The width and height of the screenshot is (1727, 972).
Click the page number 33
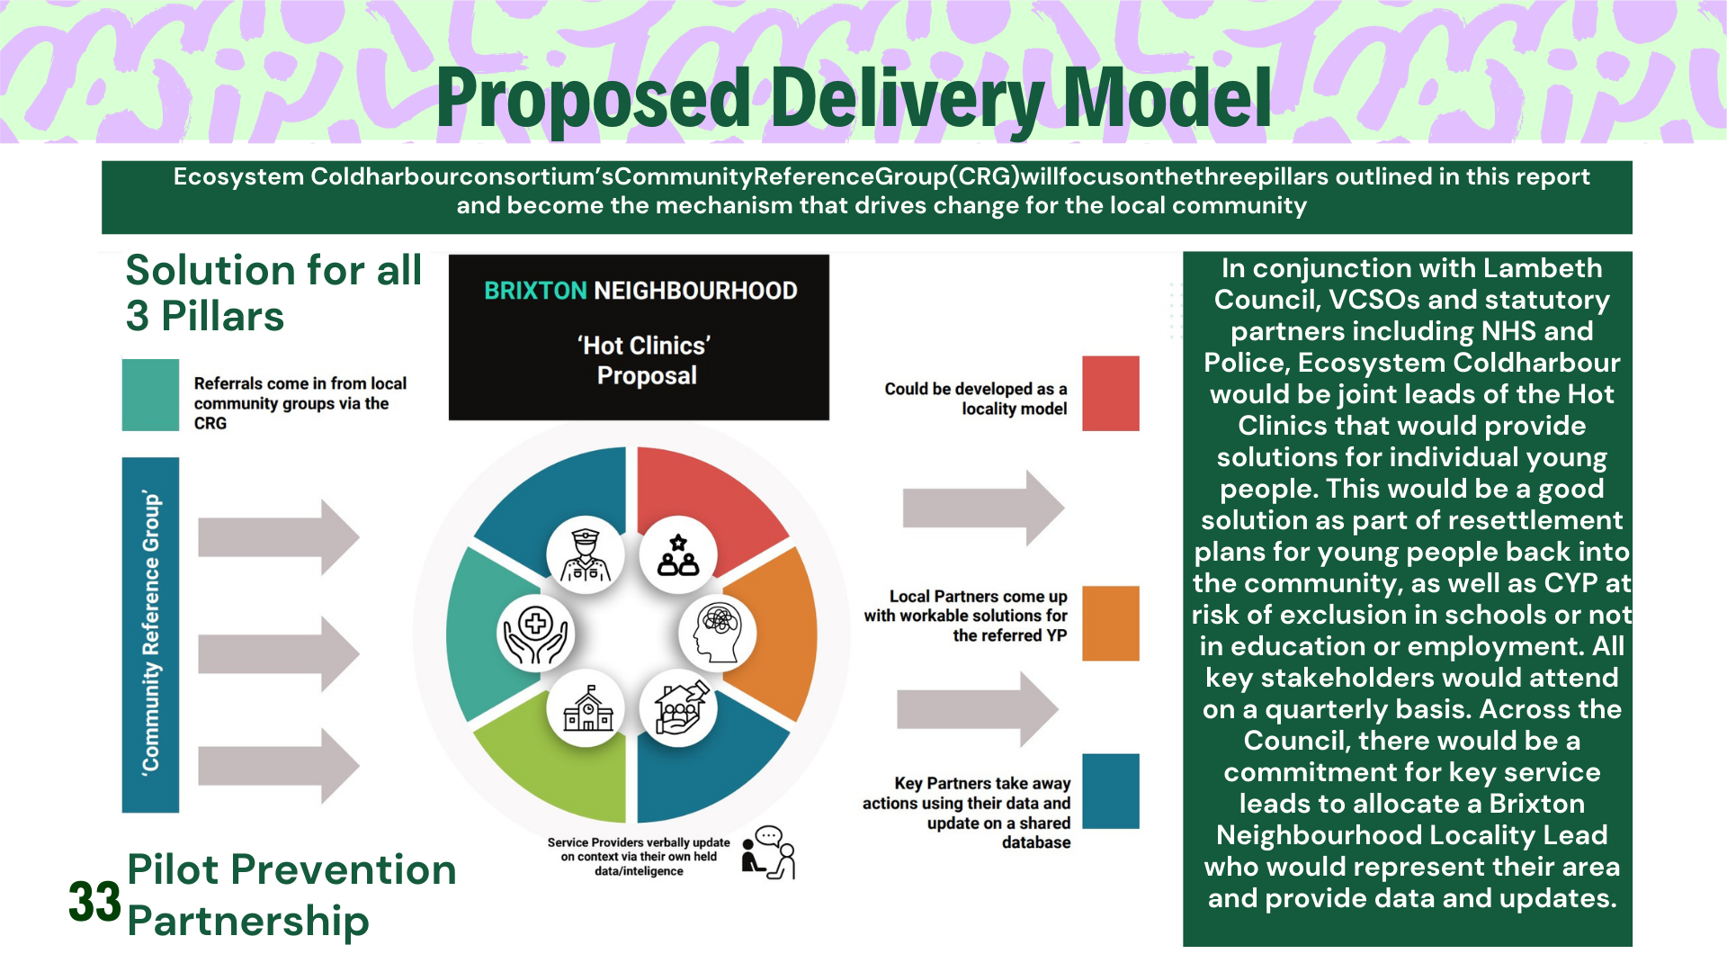tap(94, 902)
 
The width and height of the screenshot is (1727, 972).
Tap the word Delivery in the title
tap(908, 99)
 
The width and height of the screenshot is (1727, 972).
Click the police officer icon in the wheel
tap(586, 554)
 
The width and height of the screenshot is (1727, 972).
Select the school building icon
tap(587, 708)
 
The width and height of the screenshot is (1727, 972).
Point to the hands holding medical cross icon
tap(536, 633)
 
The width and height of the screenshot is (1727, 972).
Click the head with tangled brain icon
tap(717, 632)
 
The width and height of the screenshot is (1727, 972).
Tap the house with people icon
tap(679, 708)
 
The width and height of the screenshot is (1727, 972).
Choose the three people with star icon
tap(678, 554)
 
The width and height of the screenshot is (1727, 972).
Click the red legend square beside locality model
tap(1110, 393)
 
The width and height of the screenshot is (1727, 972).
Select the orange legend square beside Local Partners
tap(1110, 624)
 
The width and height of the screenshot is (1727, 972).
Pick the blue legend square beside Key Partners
tap(1110, 791)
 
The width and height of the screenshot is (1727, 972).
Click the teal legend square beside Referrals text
tap(150, 395)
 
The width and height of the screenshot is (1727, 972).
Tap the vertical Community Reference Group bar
tap(150, 634)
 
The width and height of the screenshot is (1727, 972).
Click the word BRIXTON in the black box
tap(535, 291)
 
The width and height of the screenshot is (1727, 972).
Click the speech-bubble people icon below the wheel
tap(770, 852)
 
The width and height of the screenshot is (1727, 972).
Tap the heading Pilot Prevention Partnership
tap(291, 895)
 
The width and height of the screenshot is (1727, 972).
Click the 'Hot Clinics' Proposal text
tap(646, 360)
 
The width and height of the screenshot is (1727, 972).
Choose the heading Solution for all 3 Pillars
tap(273, 292)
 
